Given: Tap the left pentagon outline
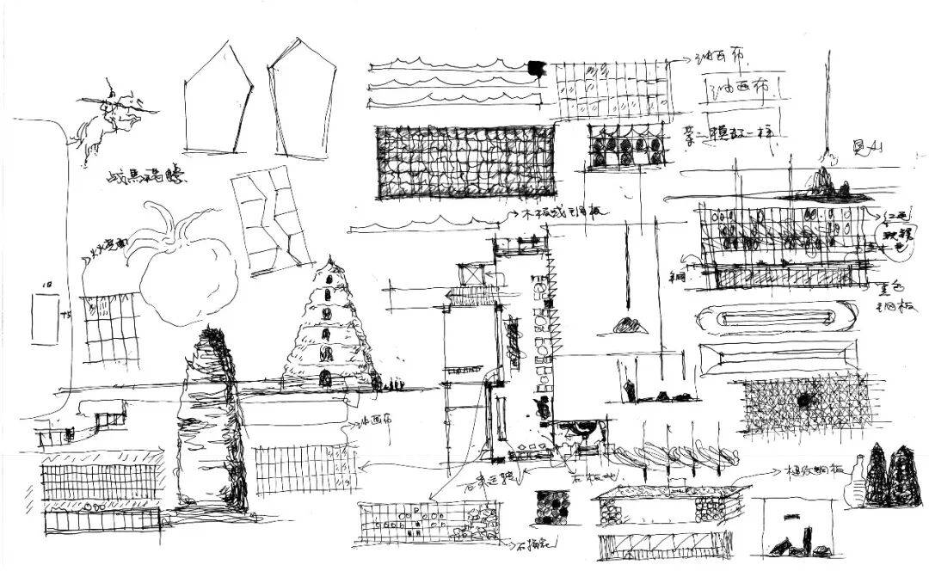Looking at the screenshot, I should pyautogui.click(x=218, y=101).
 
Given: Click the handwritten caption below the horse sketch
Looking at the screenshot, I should pyautogui.click(x=146, y=177).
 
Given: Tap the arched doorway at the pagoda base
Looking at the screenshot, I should pyautogui.click(x=325, y=378).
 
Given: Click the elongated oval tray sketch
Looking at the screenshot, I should pyautogui.click(x=778, y=316).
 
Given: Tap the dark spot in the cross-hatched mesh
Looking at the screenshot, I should pyautogui.click(x=805, y=400).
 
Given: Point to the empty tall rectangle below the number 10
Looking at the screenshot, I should pyautogui.click(x=46, y=319).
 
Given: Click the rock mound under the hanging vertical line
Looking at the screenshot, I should pyautogui.click(x=824, y=181).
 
